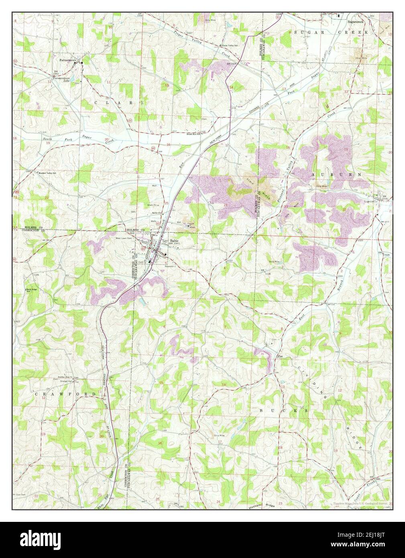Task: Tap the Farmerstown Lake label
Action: (62, 79)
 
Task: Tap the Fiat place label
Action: (281, 356)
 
